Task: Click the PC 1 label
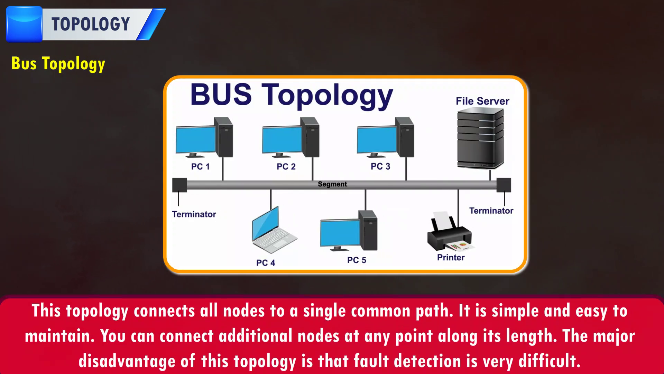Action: [x=200, y=167]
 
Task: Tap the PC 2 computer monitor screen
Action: [x=282, y=140]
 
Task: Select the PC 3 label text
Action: [x=380, y=167]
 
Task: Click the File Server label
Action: [x=482, y=101]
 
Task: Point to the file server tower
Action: [x=480, y=139]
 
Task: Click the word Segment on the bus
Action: [x=332, y=184]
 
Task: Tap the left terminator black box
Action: [x=179, y=185]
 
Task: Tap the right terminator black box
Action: [x=504, y=185]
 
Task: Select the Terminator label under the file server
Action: [x=491, y=211]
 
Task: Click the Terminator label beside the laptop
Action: [x=194, y=214]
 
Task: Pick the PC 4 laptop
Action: [x=273, y=230]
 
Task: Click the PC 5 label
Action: [x=357, y=260]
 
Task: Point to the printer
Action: [x=450, y=232]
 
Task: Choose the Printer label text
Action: [x=451, y=258]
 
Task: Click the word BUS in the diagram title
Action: [x=221, y=95]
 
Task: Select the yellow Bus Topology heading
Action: [x=58, y=64]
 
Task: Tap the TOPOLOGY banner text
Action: [x=91, y=24]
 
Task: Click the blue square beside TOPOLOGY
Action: [x=24, y=24]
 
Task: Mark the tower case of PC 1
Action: [x=224, y=137]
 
